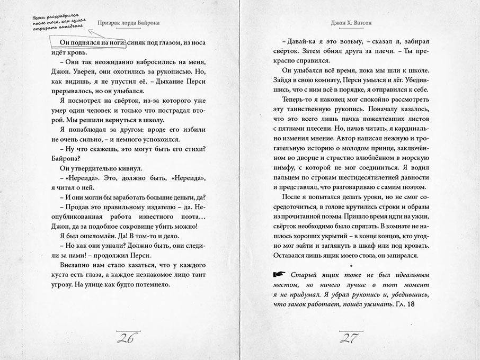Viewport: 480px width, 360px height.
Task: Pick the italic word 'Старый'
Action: [304, 275]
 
